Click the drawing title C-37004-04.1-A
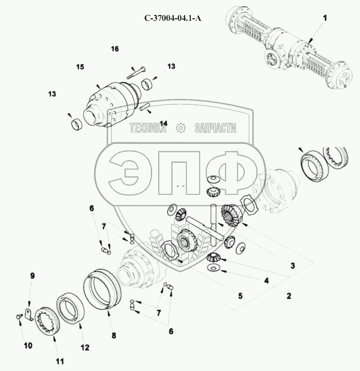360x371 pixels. pos(173,18)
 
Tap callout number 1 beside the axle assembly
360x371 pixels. pos(325,18)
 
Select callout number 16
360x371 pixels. pos(115,49)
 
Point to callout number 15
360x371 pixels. pos(80,67)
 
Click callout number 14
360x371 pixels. pos(163,123)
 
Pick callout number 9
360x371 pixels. pos(32,276)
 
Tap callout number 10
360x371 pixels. pos(28,346)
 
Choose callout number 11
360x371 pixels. pos(60,362)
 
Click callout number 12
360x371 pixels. pos(85,348)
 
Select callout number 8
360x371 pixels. pos(114,335)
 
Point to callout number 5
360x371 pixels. pos(240,296)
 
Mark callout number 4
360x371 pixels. pos(266,281)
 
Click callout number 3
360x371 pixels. pos(293,266)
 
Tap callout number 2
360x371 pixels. pos(289,296)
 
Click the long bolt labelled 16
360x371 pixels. pos(136,73)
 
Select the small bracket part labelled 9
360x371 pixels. pos(29,315)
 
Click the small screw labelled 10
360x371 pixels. pos(19,316)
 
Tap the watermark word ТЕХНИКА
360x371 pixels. pos(148,128)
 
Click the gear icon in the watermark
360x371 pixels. pos(181,128)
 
